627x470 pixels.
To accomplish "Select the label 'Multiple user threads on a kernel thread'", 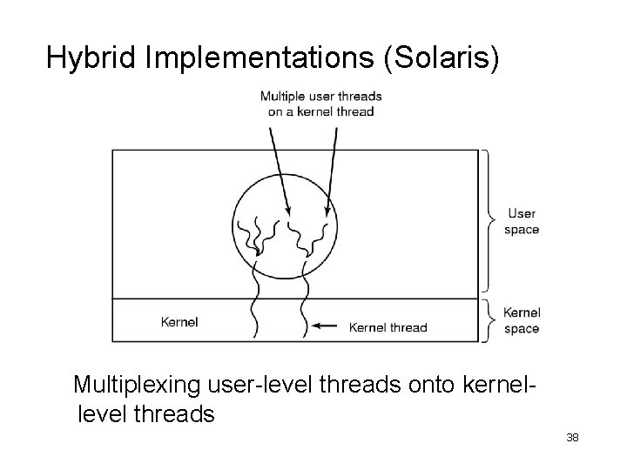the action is click(x=320, y=104).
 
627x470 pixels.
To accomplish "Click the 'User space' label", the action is click(x=522, y=221).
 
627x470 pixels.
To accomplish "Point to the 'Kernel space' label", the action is click(x=522, y=320).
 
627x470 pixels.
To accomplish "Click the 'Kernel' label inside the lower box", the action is click(x=179, y=322).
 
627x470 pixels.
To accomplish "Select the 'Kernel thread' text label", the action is click(x=388, y=327).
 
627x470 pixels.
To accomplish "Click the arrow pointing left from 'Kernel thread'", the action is click(x=327, y=326).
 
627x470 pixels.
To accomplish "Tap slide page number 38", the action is click(x=572, y=436).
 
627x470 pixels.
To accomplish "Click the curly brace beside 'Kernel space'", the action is click(x=490, y=320).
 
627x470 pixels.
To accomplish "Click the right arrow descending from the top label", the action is click(x=333, y=170).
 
